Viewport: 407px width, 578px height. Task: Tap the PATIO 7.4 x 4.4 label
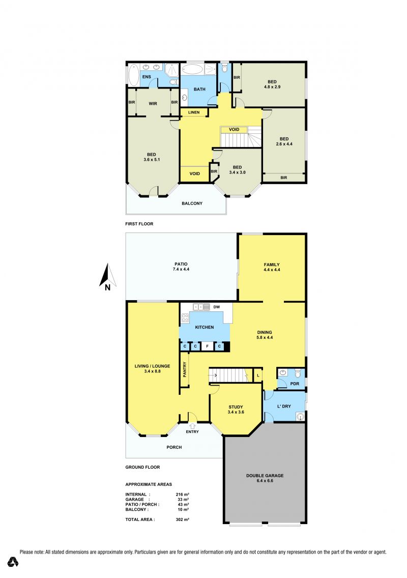pyautogui.click(x=181, y=267)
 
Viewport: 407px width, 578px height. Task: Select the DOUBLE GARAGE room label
pyautogui.click(x=265, y=478)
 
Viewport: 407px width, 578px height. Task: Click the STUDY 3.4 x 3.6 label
pyautogui.click(x=236, y=410)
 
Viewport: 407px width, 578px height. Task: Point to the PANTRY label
pyautogui.click(x=184, y=369)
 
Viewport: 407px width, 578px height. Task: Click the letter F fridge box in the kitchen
pyautogui.click(x=207, y=346)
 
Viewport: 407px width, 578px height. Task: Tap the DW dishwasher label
pyautogui.click(x=216, y=307)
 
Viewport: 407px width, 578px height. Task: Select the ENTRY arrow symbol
pyautogui.click(x=192, y=426)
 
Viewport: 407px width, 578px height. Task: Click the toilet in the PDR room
pyautogui.click(x=298, y=373)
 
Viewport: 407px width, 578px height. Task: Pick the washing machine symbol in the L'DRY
pyautogui.click(x=301, y=417)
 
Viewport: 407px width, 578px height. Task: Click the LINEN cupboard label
pyautogui.click(x=194, y=112)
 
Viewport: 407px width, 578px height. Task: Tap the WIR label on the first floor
pyautogui.click(x=153, y=104)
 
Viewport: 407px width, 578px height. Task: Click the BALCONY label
pyautogui.click(x=192, y=204)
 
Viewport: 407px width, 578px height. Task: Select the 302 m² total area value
pyautogui.click(x=183, y=519)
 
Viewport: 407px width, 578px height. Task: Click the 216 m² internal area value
pyautogui.click(x=183, y=495)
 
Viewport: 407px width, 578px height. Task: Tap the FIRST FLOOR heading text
pyautogui.click(x=139, y=224)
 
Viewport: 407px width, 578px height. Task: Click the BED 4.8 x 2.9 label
pyautogui.click(x=272, y=84)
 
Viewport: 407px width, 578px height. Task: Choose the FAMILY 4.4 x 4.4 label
pyautogui.click(x=272, y=267)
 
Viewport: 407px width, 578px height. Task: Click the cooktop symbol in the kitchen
pyautogui.click(x=185, y=318)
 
